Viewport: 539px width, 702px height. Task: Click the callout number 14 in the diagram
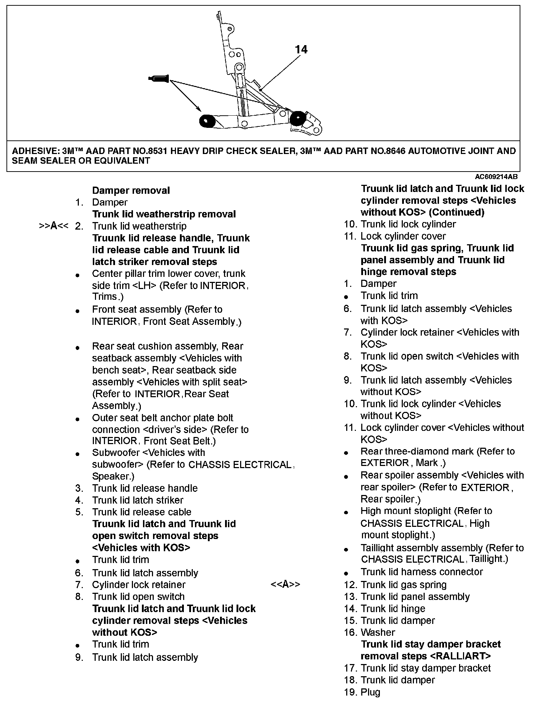point(301,49)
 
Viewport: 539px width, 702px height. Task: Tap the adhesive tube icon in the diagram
point(158,78)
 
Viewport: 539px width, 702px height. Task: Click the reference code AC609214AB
point(496,177)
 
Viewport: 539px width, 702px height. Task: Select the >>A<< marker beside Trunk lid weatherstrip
point(53,226)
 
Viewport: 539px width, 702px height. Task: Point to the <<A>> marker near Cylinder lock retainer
point(285,585)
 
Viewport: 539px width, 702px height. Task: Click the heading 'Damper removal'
point(131,191)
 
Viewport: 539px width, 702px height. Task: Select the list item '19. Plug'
point(362,692)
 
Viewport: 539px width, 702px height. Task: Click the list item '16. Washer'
point(369,633)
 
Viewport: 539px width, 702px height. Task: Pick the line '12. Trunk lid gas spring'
point(395,585)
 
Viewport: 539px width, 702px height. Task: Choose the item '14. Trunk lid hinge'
point(385,609)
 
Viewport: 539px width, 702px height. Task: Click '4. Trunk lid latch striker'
point(129,500)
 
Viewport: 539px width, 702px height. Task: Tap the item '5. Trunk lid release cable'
point(133,512)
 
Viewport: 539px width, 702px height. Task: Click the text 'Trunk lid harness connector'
point(421,572)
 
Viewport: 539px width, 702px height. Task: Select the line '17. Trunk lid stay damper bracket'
point(417,668)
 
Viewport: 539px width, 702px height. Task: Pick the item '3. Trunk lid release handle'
point(137,488)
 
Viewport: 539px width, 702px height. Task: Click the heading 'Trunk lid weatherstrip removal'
point(164,214)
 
